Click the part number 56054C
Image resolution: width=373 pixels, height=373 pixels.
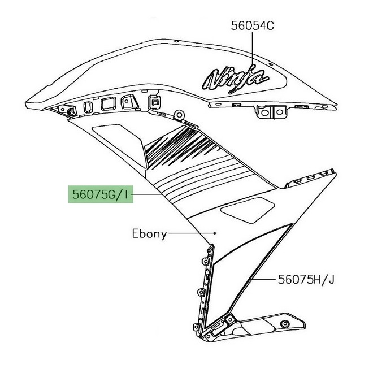[x=253, y=25]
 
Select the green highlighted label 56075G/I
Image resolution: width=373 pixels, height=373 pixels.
[x=101, y=194]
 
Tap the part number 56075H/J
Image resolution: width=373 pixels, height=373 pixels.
[x=306, y=280]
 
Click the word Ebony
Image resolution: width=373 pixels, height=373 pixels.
[x=149, y=234]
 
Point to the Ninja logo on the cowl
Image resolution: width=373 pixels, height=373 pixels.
[x=235, y=79]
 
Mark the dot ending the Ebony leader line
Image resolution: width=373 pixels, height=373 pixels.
[x=215, y=233]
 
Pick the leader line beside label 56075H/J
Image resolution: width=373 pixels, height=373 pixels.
[x=263, y=279]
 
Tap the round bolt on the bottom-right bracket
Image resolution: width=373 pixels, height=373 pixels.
[x=284, y=324]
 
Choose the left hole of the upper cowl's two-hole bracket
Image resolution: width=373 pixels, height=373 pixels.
[x=264, y=112]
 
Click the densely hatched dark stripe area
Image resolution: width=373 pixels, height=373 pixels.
[x=181, y=145]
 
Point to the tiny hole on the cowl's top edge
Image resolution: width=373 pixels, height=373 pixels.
[x=176, y=41]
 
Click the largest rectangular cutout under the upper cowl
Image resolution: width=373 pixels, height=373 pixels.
[x=109, y=104]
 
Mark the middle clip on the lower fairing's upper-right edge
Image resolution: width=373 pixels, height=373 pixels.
[x=310, y=177]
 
